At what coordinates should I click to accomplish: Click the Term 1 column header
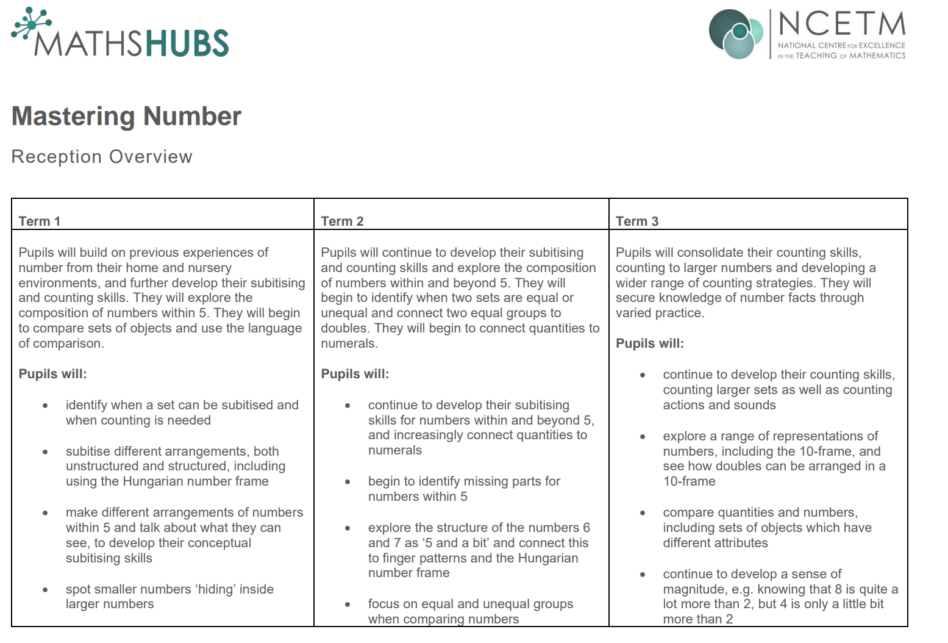[40, 221]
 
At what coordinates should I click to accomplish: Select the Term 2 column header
[342, 221]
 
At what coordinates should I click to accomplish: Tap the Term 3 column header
[637, 221]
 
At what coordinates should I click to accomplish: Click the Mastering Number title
[126, 117]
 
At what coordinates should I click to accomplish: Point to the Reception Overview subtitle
[102, 157]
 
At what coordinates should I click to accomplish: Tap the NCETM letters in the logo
[842, 25]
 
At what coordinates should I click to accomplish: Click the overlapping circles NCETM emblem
[736, 34]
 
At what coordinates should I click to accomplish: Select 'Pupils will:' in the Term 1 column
[52, 374]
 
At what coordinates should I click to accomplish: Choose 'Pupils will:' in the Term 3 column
[650, 343]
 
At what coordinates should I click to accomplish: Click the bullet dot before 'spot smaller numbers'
[45, 590]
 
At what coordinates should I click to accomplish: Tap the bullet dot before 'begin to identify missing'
[347, 482]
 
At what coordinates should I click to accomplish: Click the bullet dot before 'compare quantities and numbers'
[643, 513]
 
